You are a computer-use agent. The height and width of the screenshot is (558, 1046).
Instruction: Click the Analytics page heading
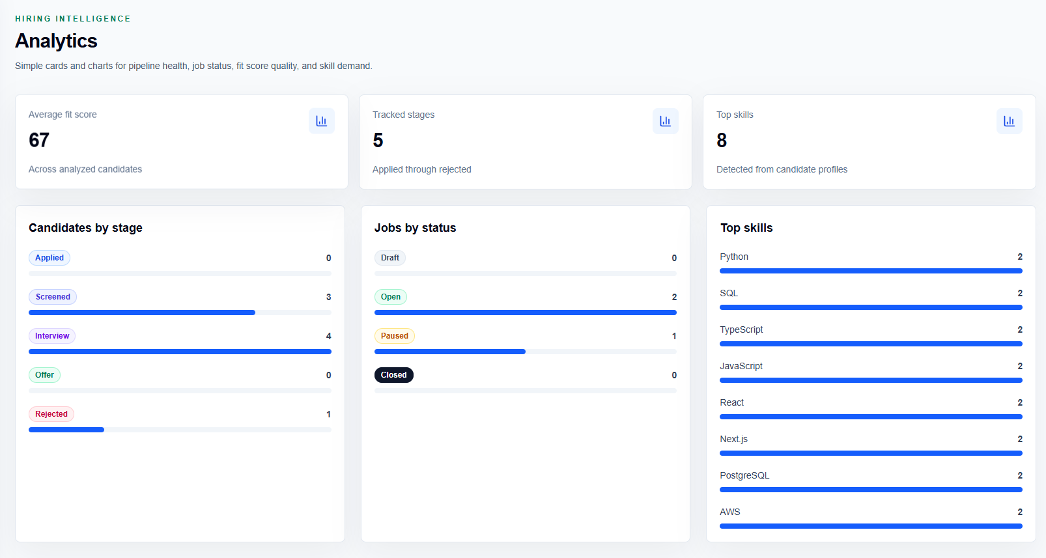pos(56,41)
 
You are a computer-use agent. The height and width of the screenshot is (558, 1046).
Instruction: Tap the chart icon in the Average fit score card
pos(322,121)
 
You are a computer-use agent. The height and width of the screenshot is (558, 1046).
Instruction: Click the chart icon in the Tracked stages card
pos(666,121)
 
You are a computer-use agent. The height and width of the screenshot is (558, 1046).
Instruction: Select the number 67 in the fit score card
pos(39,140)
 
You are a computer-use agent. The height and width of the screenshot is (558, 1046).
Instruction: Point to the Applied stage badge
pos(49,258)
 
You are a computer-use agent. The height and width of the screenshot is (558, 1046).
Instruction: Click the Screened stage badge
pos(53,297)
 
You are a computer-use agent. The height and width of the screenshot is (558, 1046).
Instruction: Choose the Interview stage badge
pos(52,336)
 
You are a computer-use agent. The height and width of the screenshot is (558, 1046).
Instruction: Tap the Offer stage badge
pos(44,375)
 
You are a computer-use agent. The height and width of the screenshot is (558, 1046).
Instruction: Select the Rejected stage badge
pos(51,414)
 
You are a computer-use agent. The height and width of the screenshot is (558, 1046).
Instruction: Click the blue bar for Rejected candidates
pos(66,430)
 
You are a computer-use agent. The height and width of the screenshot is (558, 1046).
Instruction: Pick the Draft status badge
pos(390,258)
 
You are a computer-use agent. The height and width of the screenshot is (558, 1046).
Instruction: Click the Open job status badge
pos(390,297)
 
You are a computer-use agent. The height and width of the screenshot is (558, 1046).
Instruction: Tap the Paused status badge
pos(395,336)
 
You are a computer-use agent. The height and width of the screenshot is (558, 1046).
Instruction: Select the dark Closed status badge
pos(393,375)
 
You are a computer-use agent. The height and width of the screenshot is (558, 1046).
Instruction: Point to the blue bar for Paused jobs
pos(449,352)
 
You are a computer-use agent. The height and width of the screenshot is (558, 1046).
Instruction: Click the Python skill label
pos(734,257)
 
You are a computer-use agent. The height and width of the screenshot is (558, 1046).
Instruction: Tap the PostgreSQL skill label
pos(744,475)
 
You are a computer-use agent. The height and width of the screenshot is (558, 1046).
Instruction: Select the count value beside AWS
pos(1020,512)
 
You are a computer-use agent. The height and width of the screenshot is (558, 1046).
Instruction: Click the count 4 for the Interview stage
pos(329,336)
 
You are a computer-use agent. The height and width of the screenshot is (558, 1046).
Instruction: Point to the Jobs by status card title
pos(415,228)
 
